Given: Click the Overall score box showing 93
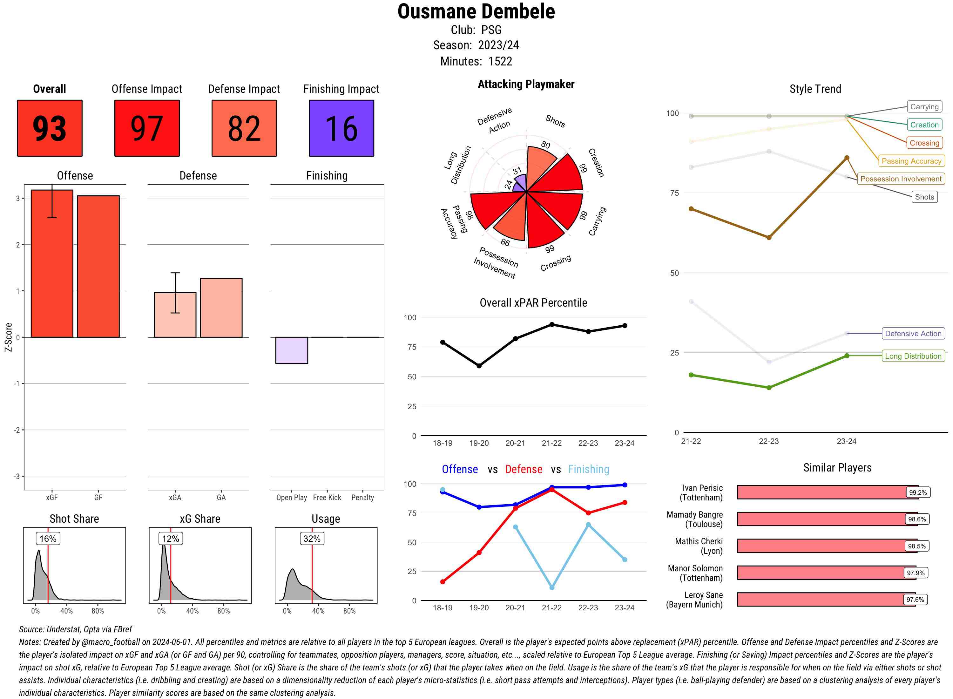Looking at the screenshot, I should point(50,128).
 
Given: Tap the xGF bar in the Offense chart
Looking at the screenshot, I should point(52,264).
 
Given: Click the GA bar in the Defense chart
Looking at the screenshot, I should point(221,308).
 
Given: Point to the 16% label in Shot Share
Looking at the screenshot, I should point(48,539).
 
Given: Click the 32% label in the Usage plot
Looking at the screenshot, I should point(312,539).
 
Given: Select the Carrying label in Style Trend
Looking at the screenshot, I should point(924,107).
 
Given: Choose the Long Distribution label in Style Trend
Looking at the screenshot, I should point(913,356).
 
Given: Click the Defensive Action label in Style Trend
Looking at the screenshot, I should point(913,333).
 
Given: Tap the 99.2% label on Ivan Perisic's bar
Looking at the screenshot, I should point(917,492).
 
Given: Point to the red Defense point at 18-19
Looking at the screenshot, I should point(443,582).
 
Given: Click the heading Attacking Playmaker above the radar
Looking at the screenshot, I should point(526,84).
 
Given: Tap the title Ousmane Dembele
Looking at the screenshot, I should point(476,11).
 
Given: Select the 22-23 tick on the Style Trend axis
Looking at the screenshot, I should point(768,441).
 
